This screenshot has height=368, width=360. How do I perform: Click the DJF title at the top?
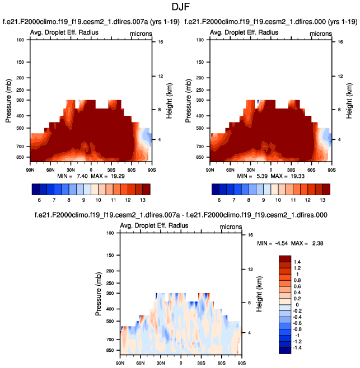point(180,7)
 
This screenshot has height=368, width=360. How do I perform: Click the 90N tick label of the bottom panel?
point(120,363)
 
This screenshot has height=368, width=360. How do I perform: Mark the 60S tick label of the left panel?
point(132,169)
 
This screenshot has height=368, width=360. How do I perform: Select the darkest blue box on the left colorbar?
point(35,188)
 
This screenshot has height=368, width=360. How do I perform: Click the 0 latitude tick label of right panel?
point(271,169)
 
